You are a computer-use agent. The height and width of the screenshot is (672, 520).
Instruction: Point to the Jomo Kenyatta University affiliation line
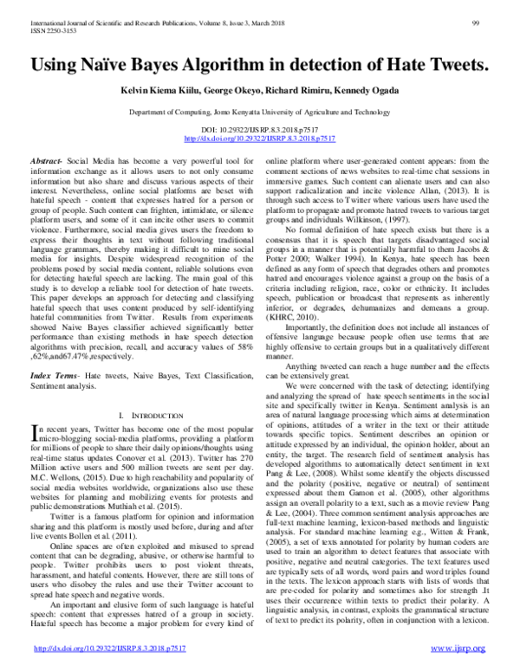coord(259,113)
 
